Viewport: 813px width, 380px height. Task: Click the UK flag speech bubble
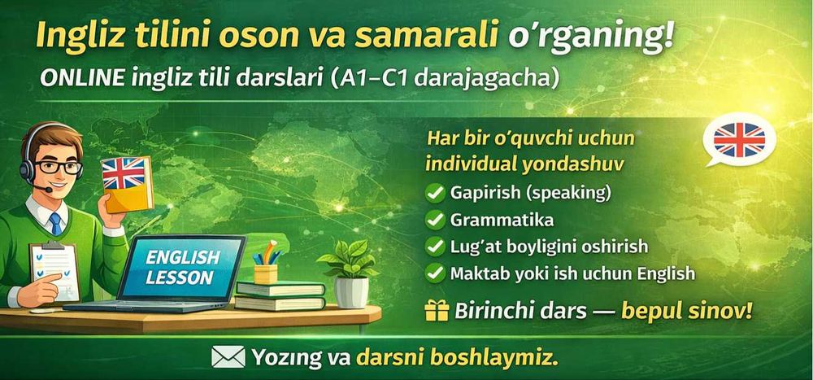(737, 141)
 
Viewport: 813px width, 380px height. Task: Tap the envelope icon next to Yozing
(228, 357)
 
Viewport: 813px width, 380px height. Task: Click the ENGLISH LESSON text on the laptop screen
(183, 267)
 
